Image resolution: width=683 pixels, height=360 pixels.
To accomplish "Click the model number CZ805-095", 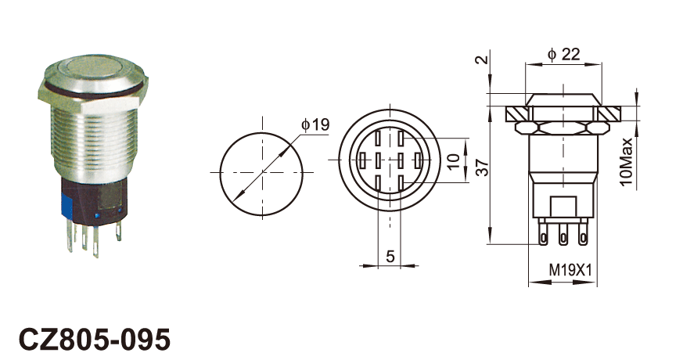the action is pyautogui.click(x=94, y=339).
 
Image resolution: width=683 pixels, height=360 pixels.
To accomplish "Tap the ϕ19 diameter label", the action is pyautogui.click(x=315, y=125).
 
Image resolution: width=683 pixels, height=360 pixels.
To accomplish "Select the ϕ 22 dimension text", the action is pyautogui.click(x=564, y=54).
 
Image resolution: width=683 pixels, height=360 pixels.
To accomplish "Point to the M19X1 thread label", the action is pyautogui.click(x=570, y=270).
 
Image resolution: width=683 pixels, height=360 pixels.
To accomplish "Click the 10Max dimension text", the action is pyautogui.click(x=626, y=162).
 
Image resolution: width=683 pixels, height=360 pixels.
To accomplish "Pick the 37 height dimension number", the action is pyautogui.click(x=482, y=167).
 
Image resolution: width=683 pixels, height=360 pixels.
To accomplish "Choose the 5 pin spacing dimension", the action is pyautogui.click(x=390, y=256).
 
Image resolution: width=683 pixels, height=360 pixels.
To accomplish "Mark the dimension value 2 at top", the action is pyautogui.click(x=481, y=59).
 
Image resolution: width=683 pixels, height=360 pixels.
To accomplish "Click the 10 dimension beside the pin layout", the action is pyautogui.click(x=453, y=160).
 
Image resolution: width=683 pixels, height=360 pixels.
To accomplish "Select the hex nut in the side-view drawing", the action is pyautogui.click(x=562, y=128).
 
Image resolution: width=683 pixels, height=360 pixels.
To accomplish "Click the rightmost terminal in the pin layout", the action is pyautogui.click(x=418, y=160).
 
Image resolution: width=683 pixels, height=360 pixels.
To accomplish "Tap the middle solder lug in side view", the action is pyautogui.click(x=563, y=235).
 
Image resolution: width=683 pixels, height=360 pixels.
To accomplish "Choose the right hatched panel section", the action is pyautogui.click(x=609, y=114).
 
